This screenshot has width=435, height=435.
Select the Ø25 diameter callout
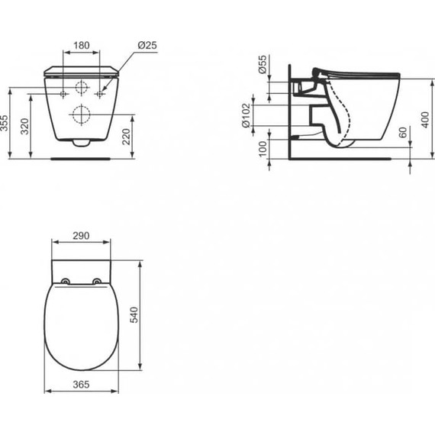pos(147,46)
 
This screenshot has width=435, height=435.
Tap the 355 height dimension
pos(5,124)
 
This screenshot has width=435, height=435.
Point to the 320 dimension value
pos(24,127)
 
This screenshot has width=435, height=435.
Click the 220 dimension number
pos(127,137)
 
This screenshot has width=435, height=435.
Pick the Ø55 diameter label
pos(263,65)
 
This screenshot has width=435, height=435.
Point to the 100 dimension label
pos(263,148)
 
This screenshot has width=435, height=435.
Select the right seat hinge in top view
pos(97,281)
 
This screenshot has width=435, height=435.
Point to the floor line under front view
pos(82,159)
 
